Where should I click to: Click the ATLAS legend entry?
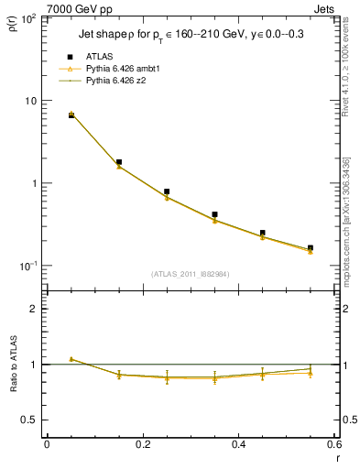click(98, 56)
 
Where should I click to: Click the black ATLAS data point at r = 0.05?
click(71, 115)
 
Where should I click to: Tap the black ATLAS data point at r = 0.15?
click(119, 162)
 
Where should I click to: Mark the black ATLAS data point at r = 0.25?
click(167, 191)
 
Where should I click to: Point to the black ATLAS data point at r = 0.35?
click(214, 214)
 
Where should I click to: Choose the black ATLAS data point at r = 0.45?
click(262, 233)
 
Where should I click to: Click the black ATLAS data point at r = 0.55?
click(310, 247)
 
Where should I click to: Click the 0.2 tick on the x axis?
click(143, 444)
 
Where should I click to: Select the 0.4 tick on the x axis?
click(238, 444)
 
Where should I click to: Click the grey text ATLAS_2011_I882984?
click(191, 273)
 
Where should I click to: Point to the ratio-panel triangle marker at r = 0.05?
click(71, 359)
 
